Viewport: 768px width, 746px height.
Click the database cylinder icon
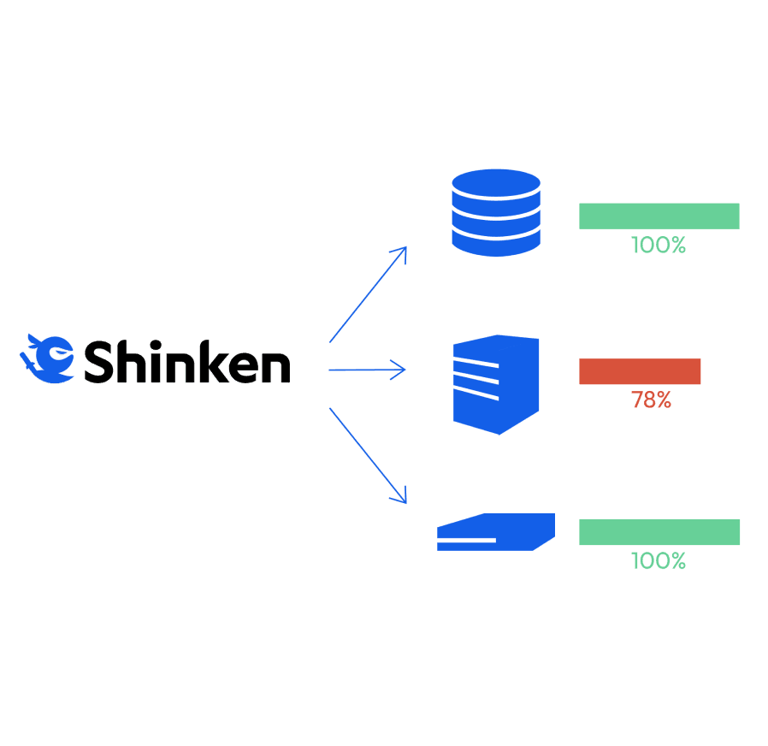click(495, 212)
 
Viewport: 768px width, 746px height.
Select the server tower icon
click(496, 383)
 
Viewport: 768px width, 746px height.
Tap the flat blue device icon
click(495, 532)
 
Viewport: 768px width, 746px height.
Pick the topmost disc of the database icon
click(495, 183)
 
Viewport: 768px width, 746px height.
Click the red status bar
click(640, 371)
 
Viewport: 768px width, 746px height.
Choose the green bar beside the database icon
click(659, 216)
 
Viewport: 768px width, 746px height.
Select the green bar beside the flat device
click(659, 532)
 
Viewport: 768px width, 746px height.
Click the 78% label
click(652, 400)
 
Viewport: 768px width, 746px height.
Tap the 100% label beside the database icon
click(659, 246)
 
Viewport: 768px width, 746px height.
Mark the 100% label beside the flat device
click(659, 561)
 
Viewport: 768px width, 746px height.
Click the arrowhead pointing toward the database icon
click(399, 254)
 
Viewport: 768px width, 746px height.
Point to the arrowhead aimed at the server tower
click(399, 370)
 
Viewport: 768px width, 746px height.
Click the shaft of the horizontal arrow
click(359, 370)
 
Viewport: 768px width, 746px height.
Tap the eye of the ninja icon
click(58, 352)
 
